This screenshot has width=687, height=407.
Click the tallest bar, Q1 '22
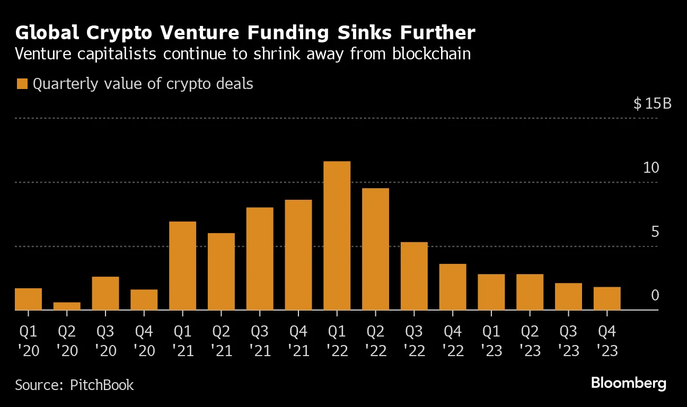[337, 236]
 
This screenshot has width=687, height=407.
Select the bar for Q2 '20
[67, 306]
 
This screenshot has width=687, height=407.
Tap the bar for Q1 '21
[182, 266]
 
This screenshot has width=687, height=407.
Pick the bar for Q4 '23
[607, 298]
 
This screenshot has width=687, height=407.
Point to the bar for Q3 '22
[414, 276]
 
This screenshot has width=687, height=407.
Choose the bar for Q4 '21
[298, 255]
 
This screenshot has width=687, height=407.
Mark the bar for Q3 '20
[105, 294]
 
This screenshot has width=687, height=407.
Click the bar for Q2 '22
[375, 249]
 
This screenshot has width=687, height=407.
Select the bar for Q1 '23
[491, 292]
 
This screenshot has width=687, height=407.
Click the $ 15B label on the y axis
[652, 103]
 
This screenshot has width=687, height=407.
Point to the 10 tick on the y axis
[650, 168]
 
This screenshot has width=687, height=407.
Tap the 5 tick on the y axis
[655, 232]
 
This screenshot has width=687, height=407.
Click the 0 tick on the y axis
[655, 295]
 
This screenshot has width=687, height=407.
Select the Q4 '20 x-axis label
[144, 341]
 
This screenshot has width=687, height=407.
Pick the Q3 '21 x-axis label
[260, 341]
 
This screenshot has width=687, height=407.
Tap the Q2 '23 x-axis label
[530, 341]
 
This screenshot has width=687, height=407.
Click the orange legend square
[22, 84]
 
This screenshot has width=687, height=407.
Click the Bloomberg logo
[628, 383]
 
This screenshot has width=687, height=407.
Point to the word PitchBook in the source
[102, 385]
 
